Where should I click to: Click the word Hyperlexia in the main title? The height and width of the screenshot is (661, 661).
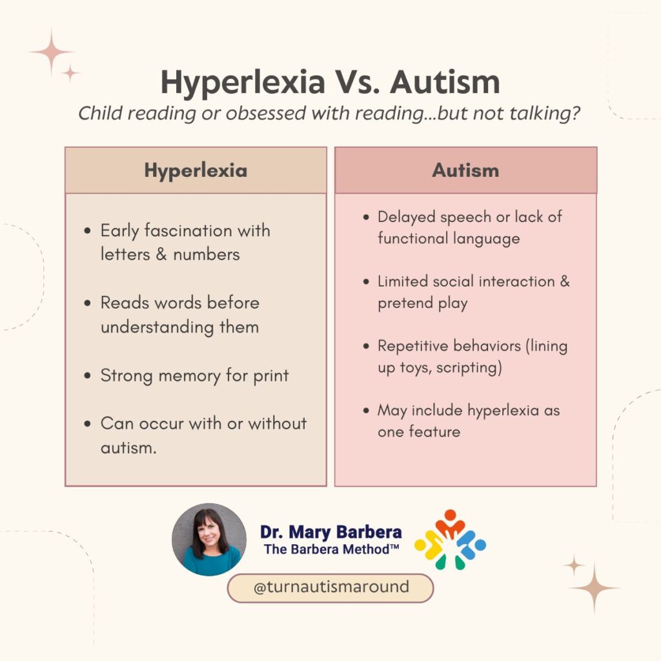click(243, 82)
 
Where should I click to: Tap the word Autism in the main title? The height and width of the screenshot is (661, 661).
click(445, 82)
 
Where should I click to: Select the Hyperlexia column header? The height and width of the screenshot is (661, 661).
click(196, 170)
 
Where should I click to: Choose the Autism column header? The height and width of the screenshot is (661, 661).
click(465, 170)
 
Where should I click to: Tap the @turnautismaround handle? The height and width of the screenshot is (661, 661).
click(330, 587)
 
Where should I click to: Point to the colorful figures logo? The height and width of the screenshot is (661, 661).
click(450, 540)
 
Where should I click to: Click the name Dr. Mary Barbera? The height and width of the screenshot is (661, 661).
click(330, 533)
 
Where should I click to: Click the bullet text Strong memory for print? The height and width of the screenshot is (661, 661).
click(194, 376)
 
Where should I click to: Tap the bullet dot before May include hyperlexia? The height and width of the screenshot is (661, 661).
click(365, 411)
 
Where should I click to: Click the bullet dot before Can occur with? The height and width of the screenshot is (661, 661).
click(88, 425)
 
